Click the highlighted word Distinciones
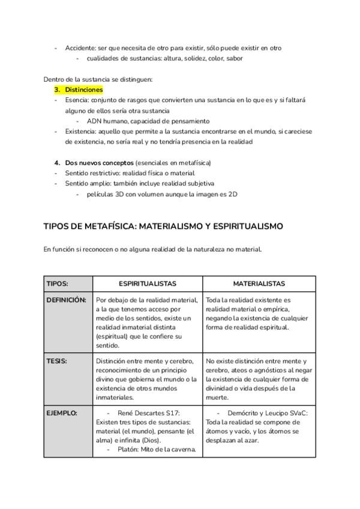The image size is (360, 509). coord(84,89)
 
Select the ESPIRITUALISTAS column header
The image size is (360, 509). coord(148,283)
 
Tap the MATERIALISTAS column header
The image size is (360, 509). coord(259,283)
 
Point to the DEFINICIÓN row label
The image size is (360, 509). coord(66,300)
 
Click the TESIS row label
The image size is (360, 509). coord(56,361)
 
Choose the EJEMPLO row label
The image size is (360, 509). coord(62,414)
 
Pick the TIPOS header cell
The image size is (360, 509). coord(58,283)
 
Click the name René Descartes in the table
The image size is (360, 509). coord(143,414)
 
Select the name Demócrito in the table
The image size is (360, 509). coord(243,414)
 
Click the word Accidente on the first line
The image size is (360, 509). coord(81,47)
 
